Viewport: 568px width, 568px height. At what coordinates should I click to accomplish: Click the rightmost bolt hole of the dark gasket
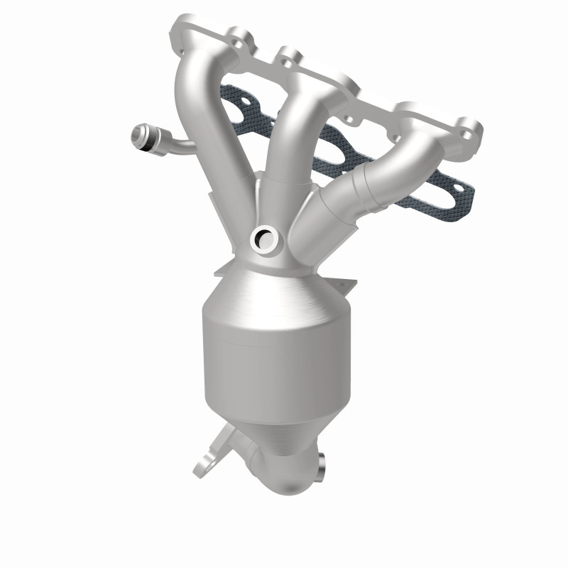coord(461,190)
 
